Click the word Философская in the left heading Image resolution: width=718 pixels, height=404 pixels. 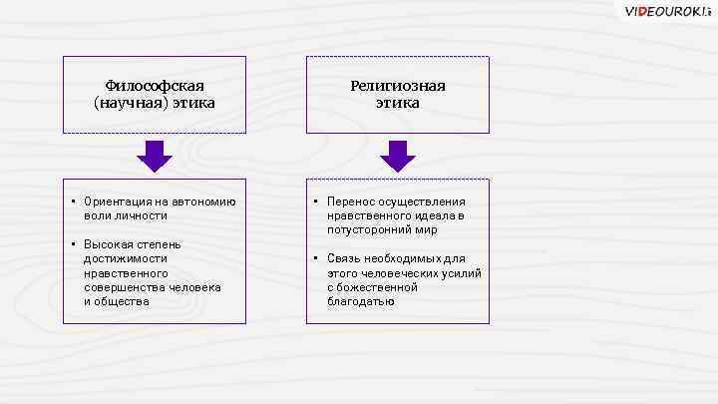point(155,86)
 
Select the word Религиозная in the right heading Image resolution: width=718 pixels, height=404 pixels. point(397,86)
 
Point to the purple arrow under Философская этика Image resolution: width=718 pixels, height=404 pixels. point(155,156)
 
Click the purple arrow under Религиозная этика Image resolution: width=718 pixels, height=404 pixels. point(397,156)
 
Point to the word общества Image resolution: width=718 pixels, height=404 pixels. point(121,300)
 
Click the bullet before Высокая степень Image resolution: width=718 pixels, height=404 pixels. point(74,243)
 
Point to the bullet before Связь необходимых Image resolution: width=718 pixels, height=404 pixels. point(316,258)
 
